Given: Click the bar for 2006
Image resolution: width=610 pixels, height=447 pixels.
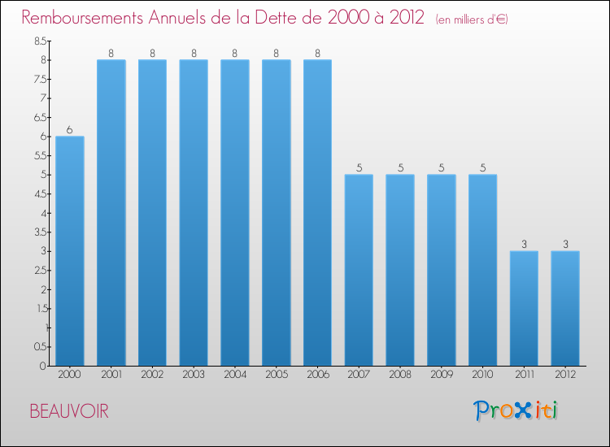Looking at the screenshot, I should (x=317, y=212).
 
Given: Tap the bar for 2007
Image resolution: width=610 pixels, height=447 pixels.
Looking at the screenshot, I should (x=359, y=270).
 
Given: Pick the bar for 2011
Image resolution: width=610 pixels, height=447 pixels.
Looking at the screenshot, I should (x=524, y=308).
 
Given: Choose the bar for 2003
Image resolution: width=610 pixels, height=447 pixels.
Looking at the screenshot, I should (x=194, y=212).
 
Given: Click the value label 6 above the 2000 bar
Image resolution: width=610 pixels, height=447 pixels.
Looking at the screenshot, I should (x=70, y=130).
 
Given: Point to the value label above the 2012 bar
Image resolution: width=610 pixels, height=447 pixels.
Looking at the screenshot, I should (x=565, y=245).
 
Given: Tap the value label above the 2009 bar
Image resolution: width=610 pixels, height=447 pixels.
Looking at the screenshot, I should (x=442, y=168).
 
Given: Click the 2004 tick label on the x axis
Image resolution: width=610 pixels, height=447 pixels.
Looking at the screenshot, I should (x=235, y=374).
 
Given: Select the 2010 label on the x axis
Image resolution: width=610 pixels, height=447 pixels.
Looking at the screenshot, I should (x=483, y=374).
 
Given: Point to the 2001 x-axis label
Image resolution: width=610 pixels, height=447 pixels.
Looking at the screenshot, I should (x=111, y=374).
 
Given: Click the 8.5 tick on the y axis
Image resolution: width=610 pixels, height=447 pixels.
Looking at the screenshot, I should (x=40, y=41).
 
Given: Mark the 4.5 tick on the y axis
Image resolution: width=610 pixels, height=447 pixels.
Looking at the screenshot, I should (x=40, y=193).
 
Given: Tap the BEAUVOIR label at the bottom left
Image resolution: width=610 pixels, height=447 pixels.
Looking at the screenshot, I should (x=68, y=411).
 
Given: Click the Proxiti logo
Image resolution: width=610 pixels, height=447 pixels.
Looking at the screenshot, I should (x=514, y=410).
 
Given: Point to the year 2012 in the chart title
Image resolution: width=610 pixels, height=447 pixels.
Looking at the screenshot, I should (x=403, y=18).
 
